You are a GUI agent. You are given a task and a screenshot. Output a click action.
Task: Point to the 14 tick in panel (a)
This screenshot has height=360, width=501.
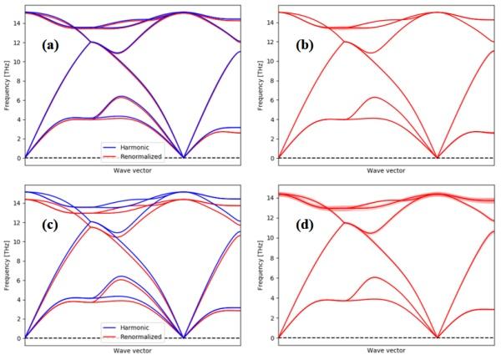click(x=17, y=23)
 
